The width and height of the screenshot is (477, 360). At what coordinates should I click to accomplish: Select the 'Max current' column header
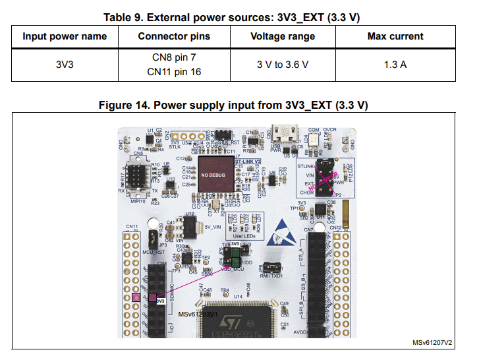pos(395,36)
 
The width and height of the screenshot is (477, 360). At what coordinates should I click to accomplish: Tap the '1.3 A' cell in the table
pos(395,65)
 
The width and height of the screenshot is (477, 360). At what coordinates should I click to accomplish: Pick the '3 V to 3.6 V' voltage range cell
pos(282,65)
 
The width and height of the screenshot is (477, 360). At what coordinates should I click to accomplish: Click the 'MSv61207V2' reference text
pos(432,343)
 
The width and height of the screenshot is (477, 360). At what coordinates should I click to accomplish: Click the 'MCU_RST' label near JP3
pos(153,251)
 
